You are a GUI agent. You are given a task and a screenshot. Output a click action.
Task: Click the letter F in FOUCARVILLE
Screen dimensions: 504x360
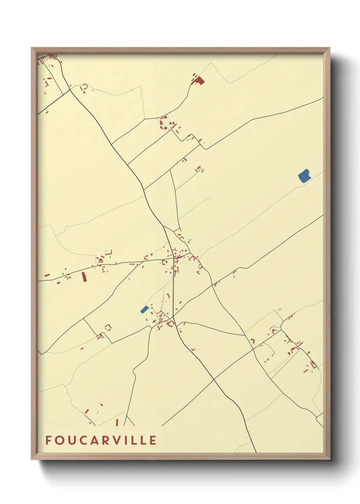(48, 440)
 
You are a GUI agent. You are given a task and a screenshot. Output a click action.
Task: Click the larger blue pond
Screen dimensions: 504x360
(304, 176)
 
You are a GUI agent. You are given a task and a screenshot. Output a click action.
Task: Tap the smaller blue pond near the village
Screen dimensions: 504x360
(144, 309)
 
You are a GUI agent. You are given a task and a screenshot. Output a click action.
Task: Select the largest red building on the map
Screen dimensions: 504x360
(199, 81)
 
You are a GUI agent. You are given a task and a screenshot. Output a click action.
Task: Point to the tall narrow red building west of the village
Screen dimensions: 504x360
(84, 277)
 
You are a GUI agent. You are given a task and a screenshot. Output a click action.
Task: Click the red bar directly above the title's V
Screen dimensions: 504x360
(117, 422)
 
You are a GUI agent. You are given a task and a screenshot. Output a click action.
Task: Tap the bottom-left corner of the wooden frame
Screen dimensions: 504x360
(32, 459)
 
